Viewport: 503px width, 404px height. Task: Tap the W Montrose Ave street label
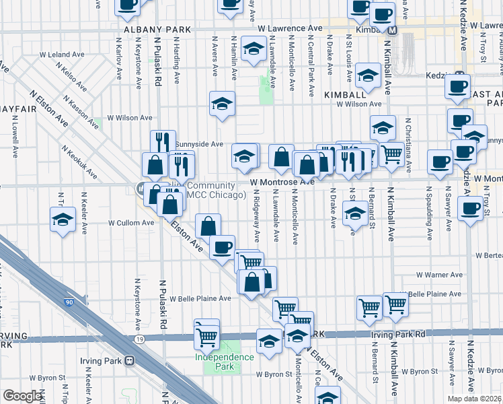pyautogui.click(x=282, y=182)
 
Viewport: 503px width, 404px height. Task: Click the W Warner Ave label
pyautogui.click(x=439, y=275)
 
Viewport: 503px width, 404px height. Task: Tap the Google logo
pyautogui.click(x=22, y=396)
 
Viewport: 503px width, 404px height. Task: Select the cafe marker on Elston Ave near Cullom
pyautogui.click(x=222, y=246)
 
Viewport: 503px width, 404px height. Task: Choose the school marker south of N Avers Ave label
pyautogui.click(x=222, y=104)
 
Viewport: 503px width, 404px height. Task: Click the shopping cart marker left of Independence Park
pyautogui.click(x=206, y=333)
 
